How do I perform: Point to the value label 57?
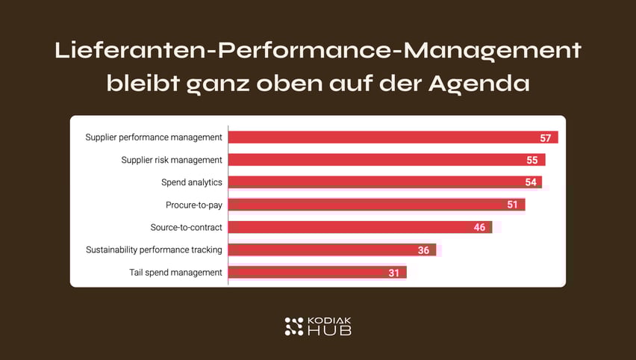coord(546,138)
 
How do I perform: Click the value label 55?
coord(533,161)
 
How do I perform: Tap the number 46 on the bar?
coord(479,228)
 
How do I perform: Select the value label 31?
coord(393,273)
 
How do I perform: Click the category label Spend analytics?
coord(192,182)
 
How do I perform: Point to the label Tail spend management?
coord(175,272)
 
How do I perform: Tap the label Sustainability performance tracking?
coord(154,249)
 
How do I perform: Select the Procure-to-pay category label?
coord(194,205)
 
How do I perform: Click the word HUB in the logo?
coord(329,330)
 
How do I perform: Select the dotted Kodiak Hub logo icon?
coord(294,326)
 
